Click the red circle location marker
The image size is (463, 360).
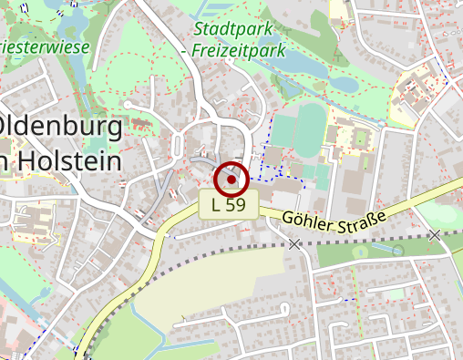pos(231,180)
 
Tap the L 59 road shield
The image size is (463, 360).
pos(229,205)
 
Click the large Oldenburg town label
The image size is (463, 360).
pos(60,125)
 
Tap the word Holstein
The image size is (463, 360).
pos(69,161)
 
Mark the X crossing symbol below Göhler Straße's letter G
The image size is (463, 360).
pos(293,243)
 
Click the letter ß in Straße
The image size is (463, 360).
pos(373,216)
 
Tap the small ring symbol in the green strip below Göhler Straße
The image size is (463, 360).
pos(397,250)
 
